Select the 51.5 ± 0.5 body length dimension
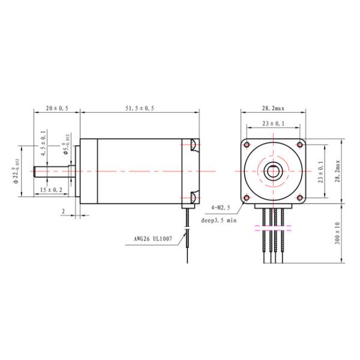click(139, 108)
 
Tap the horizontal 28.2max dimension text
click(273, 108)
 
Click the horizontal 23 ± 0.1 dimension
click(273, 123)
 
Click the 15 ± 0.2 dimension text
click(50, 190)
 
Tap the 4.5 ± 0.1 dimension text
click(43, 145)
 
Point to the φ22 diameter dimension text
click(16, 171)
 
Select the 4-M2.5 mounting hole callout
click(221, 207)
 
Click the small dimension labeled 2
click(64, 211)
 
